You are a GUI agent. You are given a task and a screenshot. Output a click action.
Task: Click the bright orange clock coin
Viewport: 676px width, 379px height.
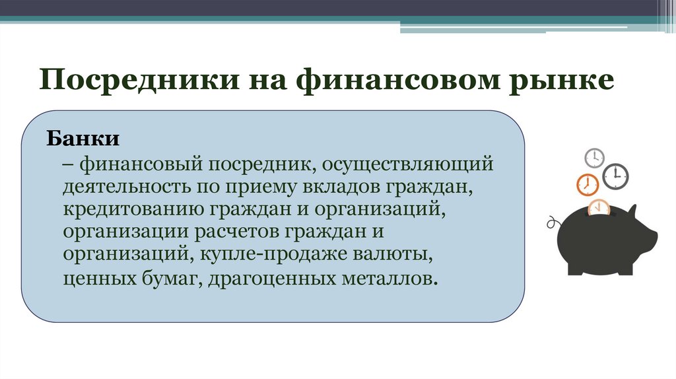587,184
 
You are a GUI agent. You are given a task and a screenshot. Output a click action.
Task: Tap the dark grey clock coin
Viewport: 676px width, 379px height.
616,176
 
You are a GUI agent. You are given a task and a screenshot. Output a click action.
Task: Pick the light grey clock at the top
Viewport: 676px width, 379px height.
595,158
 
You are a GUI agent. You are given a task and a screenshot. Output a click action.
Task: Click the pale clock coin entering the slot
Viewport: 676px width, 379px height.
599,207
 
